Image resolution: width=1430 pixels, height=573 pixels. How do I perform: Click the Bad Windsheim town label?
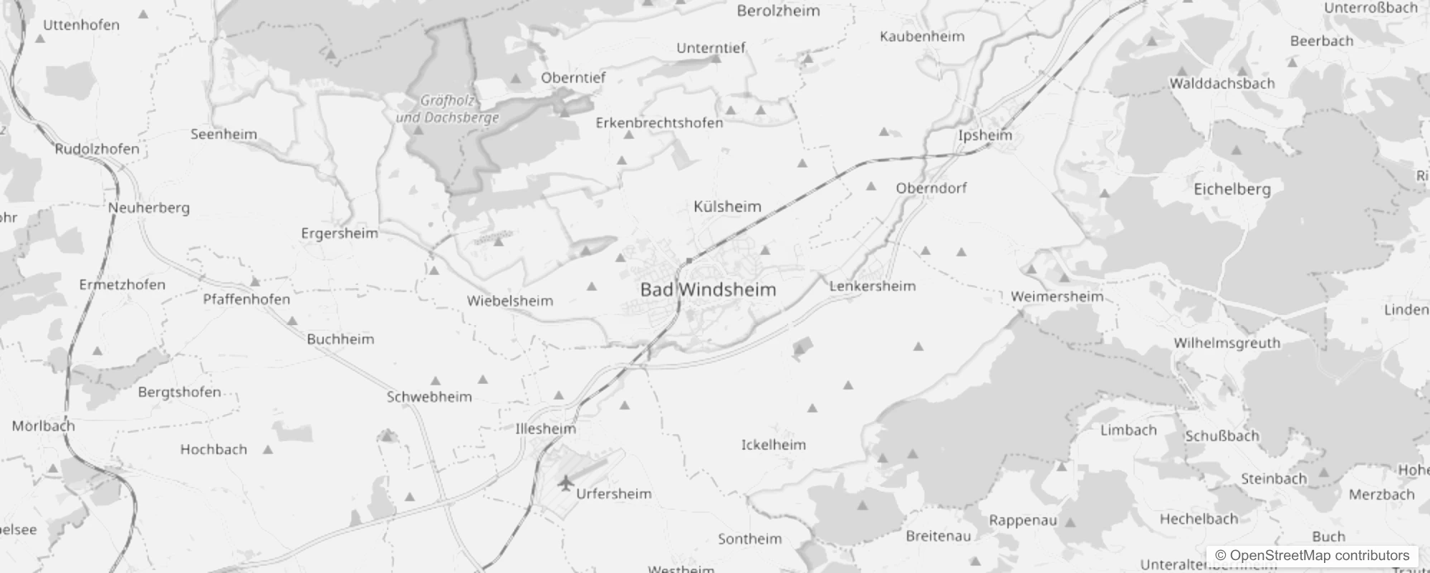(708, 290)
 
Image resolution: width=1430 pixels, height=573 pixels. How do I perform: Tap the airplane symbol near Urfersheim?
(566, 483)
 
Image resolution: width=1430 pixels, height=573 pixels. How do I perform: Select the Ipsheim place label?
(985, 135)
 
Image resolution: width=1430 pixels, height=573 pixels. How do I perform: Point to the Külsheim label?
(727, 207)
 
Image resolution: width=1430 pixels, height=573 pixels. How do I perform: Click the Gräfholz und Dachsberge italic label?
(447, 110)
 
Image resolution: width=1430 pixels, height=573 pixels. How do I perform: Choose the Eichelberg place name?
(1232, 190)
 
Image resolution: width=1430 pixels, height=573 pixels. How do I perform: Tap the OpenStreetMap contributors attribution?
(1312, 556)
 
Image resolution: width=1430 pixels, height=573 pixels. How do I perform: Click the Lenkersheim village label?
(873, 286)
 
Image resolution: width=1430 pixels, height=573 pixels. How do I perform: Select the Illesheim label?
(545, 429)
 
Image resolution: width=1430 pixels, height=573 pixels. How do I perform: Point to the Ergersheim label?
(339, 233)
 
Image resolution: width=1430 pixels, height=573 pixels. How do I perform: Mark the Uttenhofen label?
(81, 25)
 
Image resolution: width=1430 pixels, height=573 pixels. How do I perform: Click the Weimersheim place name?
(1057, 297)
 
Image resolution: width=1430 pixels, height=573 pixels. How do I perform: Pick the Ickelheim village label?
(773, 445)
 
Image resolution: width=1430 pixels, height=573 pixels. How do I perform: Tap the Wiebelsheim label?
(509, 302)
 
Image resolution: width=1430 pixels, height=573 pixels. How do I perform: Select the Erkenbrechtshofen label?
(659, 123)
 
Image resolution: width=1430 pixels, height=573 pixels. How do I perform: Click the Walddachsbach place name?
(1222, 84)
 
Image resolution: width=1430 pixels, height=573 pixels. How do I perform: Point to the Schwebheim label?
(429, 397)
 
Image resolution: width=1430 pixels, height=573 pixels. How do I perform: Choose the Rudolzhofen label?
(97, 149)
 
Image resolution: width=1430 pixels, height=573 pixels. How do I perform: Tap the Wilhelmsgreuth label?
(1227, 343)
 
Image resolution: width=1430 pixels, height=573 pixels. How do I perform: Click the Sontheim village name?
(750, 539)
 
